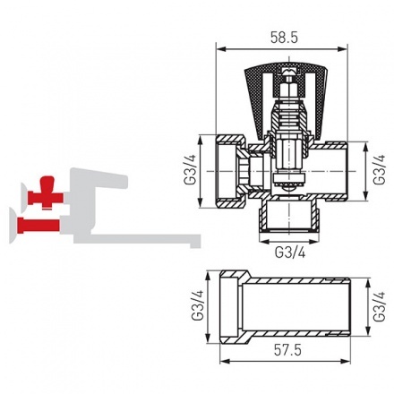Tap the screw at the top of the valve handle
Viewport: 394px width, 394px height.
tap(287, 70)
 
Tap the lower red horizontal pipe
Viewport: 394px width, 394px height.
tap(44, 220)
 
